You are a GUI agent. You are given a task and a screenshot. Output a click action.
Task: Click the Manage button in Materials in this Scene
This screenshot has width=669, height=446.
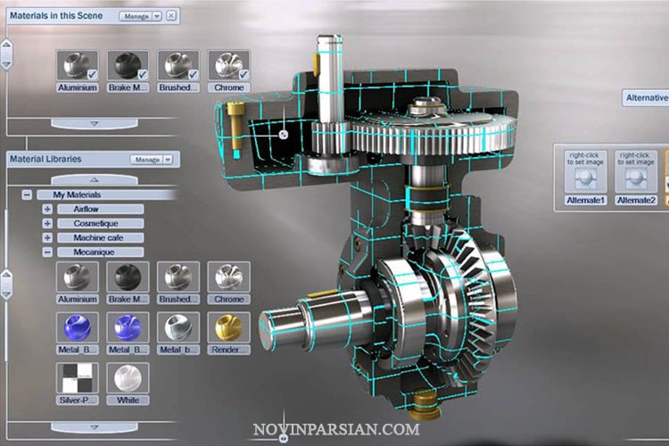tap(140, 15)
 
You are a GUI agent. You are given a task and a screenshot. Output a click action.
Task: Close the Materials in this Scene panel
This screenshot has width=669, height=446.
tap(171, 15)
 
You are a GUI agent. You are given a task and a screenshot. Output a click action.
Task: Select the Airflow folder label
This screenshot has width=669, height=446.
tap(100, 209)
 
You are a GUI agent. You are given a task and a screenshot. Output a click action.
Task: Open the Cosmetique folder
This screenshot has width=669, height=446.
tap(100, 223)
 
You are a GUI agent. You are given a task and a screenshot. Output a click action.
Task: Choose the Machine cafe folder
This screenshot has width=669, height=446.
tap(100, 237)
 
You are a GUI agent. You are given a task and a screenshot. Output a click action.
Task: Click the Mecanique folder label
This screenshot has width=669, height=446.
tap(100, 252)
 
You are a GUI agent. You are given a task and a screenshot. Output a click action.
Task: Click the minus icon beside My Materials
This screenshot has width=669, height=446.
tap(27, 194)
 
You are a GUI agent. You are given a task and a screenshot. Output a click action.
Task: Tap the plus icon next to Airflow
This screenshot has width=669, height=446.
tap(47, 209)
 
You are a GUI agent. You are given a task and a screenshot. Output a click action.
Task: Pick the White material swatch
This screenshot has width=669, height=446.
tap(127, 377)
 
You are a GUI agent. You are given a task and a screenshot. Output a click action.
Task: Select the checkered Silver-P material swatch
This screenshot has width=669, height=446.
tap(77, 377)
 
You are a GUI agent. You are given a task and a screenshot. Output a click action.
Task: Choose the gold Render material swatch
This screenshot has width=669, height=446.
tap(228, 327)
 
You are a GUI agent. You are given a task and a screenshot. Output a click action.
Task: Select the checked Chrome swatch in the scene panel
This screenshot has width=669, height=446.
tap(228, 64)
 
